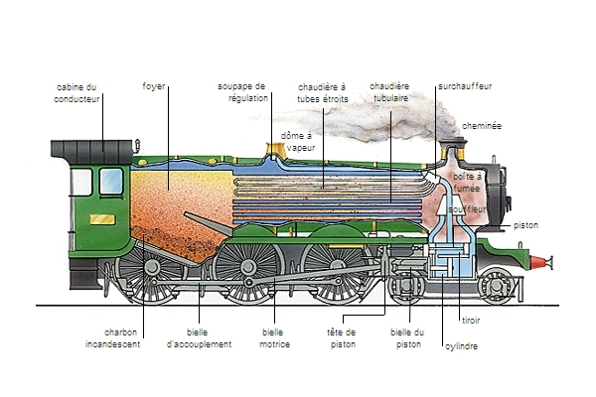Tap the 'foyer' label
tap(154, 86)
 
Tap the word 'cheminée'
tap(481, 127)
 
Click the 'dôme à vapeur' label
tap(298, 141)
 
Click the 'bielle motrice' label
tap(274, 338)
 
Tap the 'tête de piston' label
tap(341, 338)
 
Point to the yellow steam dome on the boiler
tap(272, 153)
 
